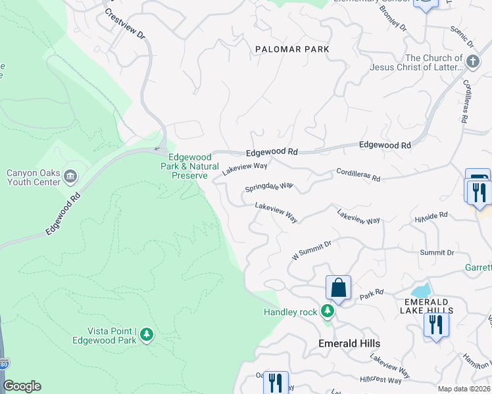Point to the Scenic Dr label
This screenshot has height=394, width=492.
[462, 37]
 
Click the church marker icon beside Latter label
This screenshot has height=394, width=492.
[472, 62]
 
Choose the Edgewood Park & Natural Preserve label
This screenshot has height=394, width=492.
[189, 166]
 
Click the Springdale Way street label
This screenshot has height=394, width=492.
[268, 187]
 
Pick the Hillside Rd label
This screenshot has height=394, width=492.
[431, 215]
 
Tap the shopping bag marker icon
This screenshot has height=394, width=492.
[338, 288]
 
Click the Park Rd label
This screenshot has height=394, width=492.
[371, 293]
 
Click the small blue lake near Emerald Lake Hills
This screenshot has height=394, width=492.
[420, 290]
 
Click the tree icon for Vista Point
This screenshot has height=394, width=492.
[147, 335]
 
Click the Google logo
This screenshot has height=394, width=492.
[22, 386]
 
